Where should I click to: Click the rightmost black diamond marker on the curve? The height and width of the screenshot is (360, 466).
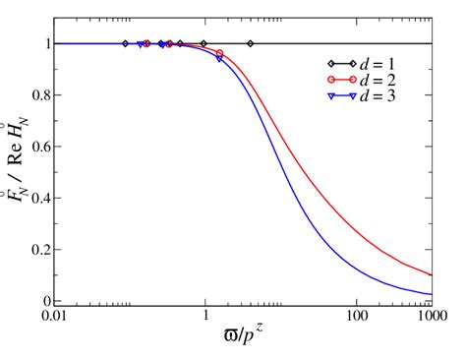[x=251, y=43]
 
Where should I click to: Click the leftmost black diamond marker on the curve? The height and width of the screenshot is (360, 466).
[x=125, y=43]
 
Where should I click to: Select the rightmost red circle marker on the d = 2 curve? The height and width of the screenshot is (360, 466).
[x=219, y=53]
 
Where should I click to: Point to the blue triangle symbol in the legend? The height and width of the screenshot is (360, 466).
[x=331, y=96]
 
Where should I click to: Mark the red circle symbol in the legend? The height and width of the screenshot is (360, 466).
[x=331, y=80]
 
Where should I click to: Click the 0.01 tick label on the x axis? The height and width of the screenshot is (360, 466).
[x=54, y=318]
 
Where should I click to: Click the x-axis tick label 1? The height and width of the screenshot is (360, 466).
[x=204, y=318]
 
